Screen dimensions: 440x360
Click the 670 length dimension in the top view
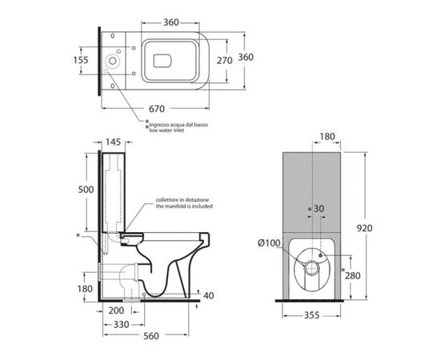pos(157,109)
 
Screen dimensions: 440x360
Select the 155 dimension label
pos(81,60)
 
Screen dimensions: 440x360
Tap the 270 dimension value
pos(225,60)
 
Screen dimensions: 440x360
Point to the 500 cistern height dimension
pos(86,190)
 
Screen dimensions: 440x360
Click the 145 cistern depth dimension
pos(114,142)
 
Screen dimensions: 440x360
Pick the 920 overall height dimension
pos(364,228)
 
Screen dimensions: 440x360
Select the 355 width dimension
pos(312,315)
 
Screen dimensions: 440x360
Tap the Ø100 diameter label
pos(269,243)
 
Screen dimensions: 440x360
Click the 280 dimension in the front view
pos(353,275)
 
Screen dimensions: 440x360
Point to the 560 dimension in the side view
pos(151,335)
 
